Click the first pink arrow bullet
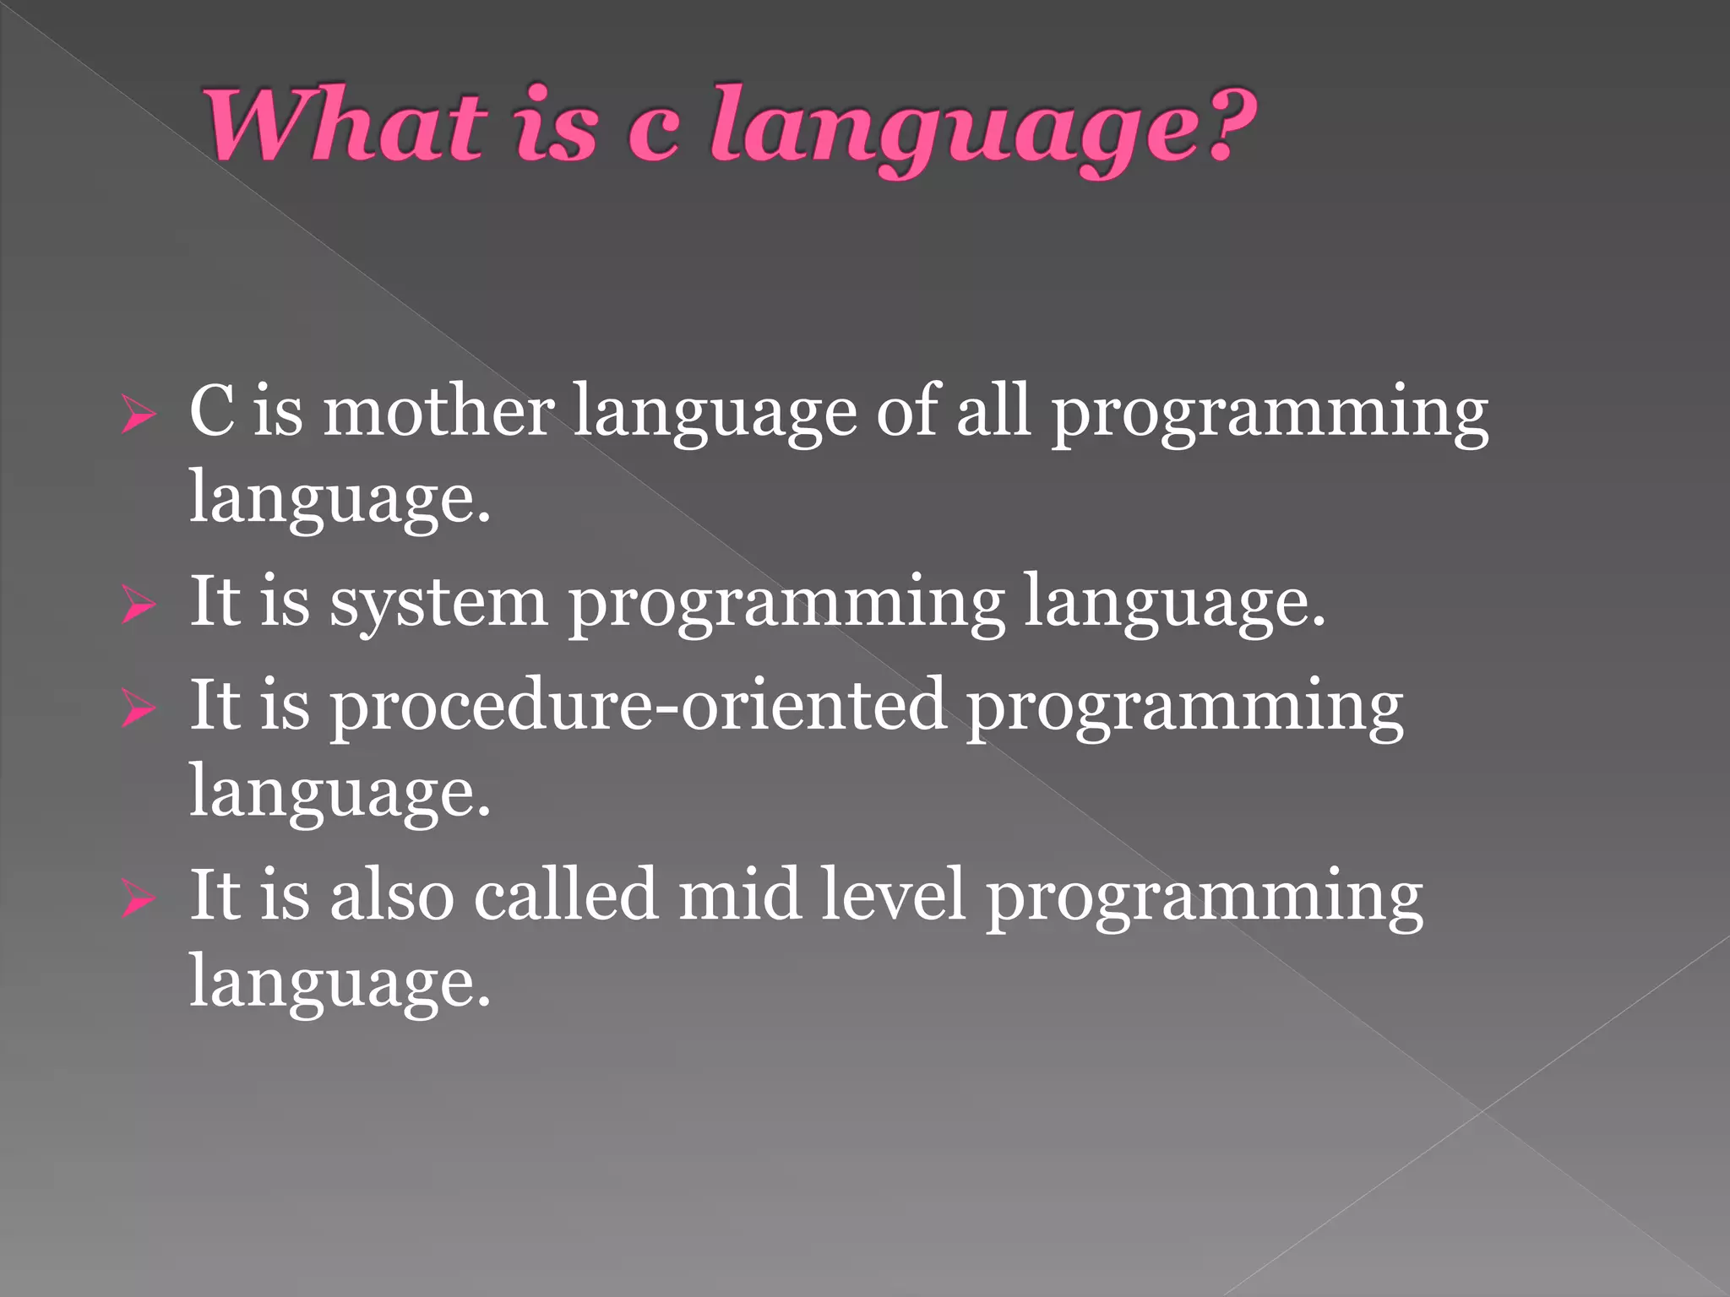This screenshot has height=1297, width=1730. click(x=138, y=415)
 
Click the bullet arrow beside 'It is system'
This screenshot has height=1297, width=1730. click(x=138, y=605)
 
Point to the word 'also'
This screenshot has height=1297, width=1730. click(x=392, y=895)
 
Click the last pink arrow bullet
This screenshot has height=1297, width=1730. click(x=138, y=898)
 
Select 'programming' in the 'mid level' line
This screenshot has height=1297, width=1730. click(x=1204, y=899)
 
